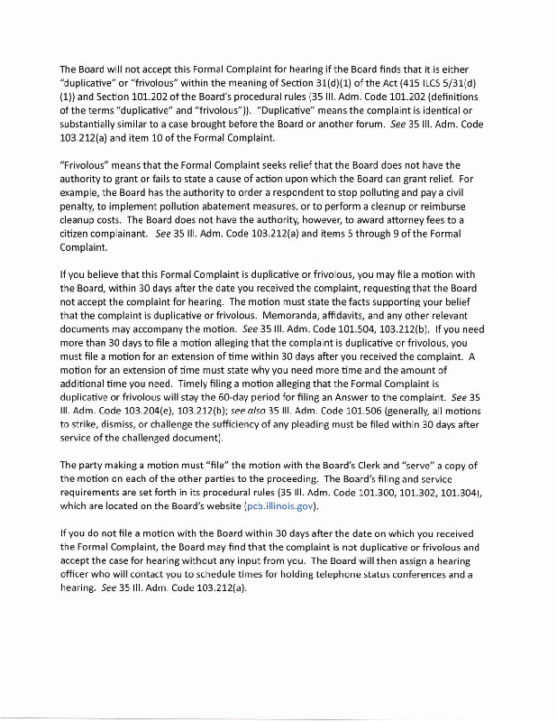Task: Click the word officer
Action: (78, 574)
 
